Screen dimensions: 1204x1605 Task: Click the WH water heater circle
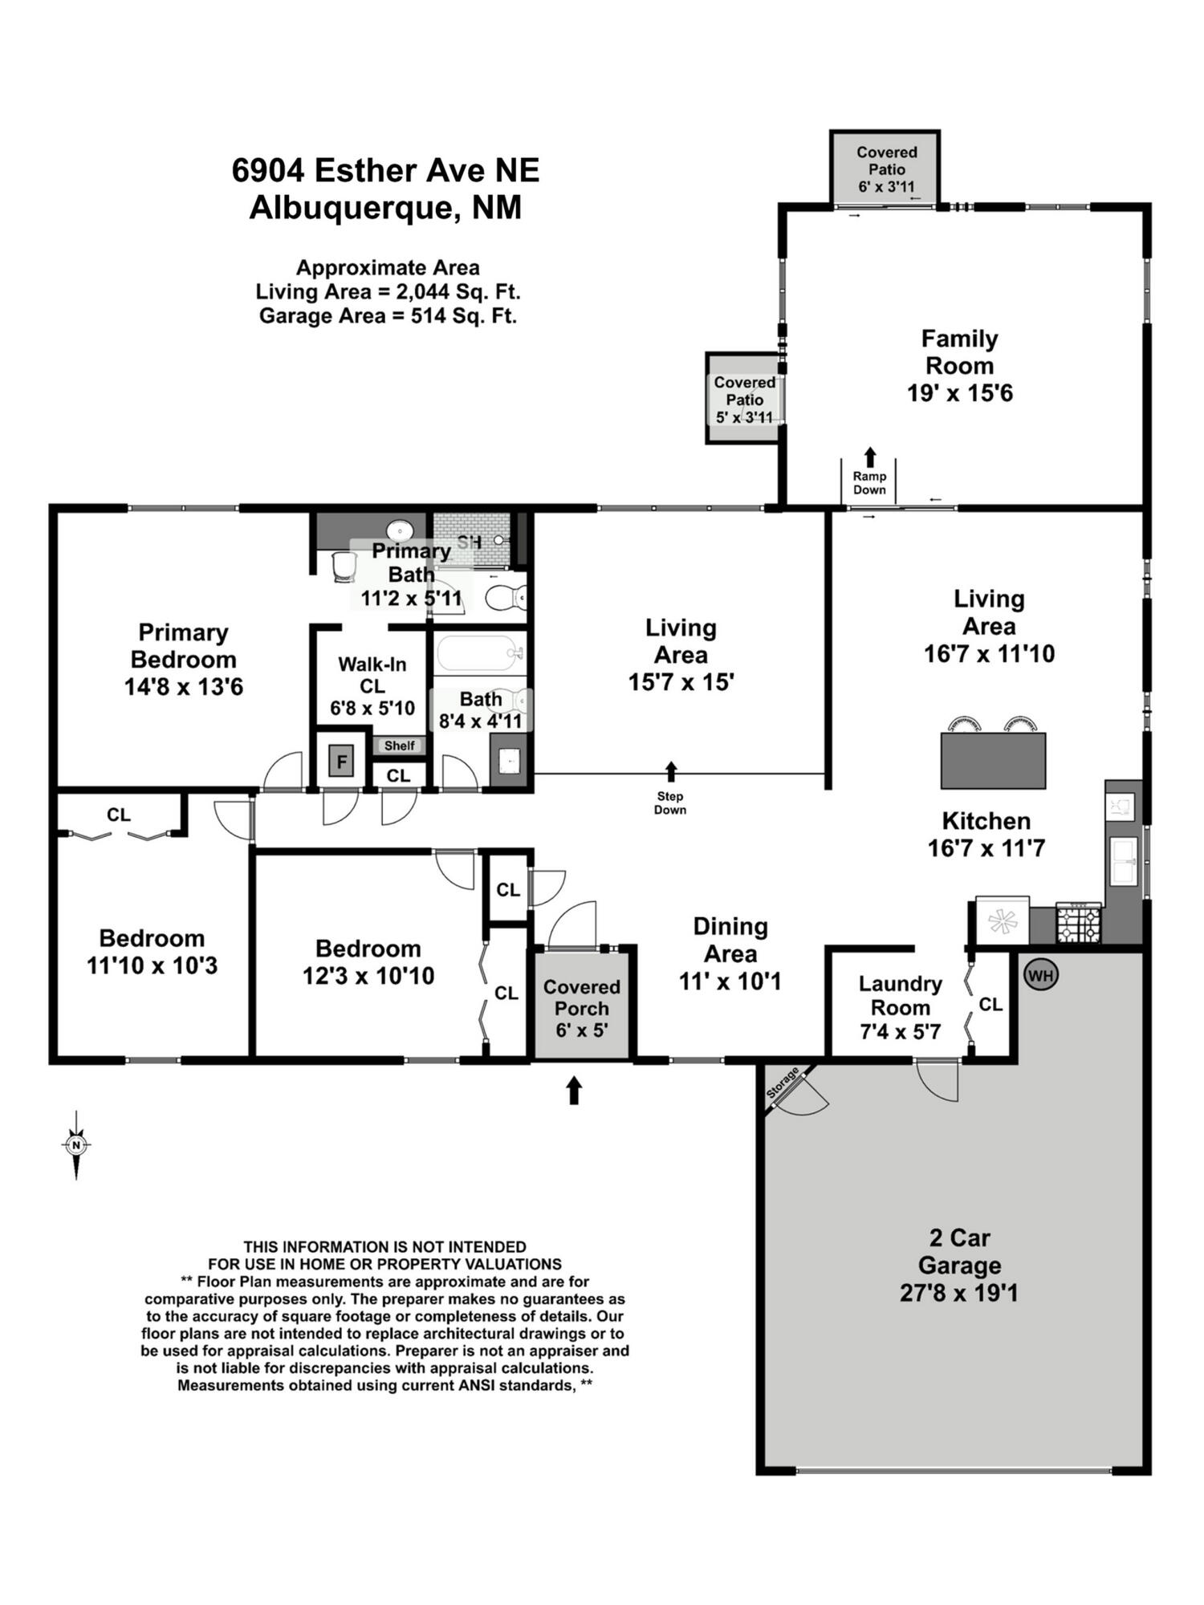(1041, 975)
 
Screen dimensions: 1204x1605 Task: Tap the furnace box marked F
(341, 761)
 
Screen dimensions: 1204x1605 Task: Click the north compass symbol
(76, 1145)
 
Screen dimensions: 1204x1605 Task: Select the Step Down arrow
(671, 771)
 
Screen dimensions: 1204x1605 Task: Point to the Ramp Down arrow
(869, 457)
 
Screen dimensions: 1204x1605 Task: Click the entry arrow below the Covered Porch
(573, 1090)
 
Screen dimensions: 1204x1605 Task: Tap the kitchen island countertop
(993, 760)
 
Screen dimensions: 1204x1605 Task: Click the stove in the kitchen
(1079, 923)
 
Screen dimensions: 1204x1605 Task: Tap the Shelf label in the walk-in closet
(399, 746)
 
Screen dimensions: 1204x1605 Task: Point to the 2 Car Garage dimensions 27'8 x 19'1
(958, 1293)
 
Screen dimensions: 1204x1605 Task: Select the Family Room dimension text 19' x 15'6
(960, 392)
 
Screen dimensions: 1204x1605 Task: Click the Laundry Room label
(900, 995)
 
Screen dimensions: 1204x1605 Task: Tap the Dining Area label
(730, 940)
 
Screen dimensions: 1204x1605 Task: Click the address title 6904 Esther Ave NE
(386, 170)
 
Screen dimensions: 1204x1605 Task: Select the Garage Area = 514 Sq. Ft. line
(388, 315)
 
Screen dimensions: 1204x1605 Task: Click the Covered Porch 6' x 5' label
(582, 1008)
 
